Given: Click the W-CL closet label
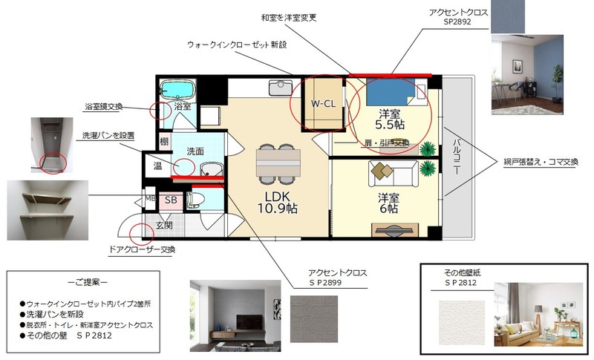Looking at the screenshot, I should click(322, 104).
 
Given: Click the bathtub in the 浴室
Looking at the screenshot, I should click(177, 90).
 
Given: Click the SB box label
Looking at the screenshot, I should click(170, 200).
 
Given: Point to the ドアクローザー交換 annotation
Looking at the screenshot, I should click(142, 249).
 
